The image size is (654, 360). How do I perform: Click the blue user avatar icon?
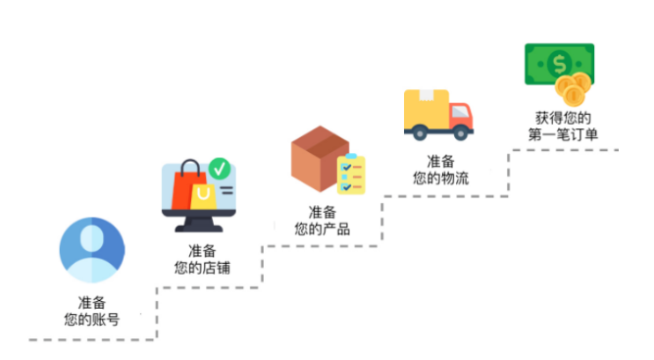[92, 250]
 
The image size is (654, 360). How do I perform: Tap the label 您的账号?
[92, 319]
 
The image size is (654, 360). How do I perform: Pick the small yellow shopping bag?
[203, 194]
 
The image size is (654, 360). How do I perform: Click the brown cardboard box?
[316, 159]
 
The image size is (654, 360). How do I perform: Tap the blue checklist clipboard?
[350, 175]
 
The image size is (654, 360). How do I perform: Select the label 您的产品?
[323, 229]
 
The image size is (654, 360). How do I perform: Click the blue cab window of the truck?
[462, 110]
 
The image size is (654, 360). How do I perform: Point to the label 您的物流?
[440, 178]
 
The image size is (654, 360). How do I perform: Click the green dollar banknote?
[557, 64]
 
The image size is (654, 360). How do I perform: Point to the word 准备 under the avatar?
[92, 302]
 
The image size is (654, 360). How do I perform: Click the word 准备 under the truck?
[440, 161]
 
